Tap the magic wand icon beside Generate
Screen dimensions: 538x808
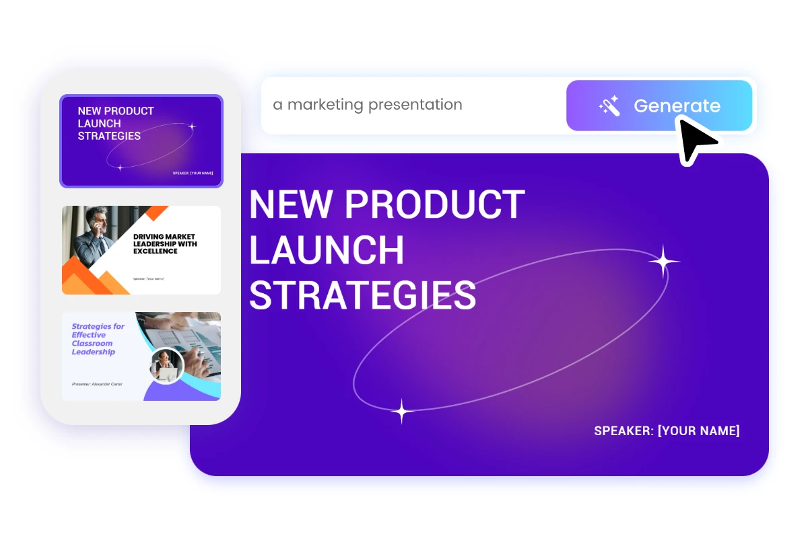(x=609, y=106)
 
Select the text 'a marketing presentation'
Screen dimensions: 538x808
(x=368, y=105)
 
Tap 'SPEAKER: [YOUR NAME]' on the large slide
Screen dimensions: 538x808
(x=667, y=430)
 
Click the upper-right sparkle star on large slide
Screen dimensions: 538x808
(x=663, y=261)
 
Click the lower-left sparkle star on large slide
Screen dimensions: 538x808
(x=402, y=411)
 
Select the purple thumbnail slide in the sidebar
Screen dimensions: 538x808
(x=141, y=141)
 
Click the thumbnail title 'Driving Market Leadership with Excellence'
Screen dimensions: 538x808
(x=165, y=243)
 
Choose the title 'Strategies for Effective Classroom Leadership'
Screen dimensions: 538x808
(x=98, y=339)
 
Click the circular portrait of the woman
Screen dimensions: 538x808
(x=166, y=366)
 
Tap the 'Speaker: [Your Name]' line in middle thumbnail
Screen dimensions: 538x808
(x=149, y=278)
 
